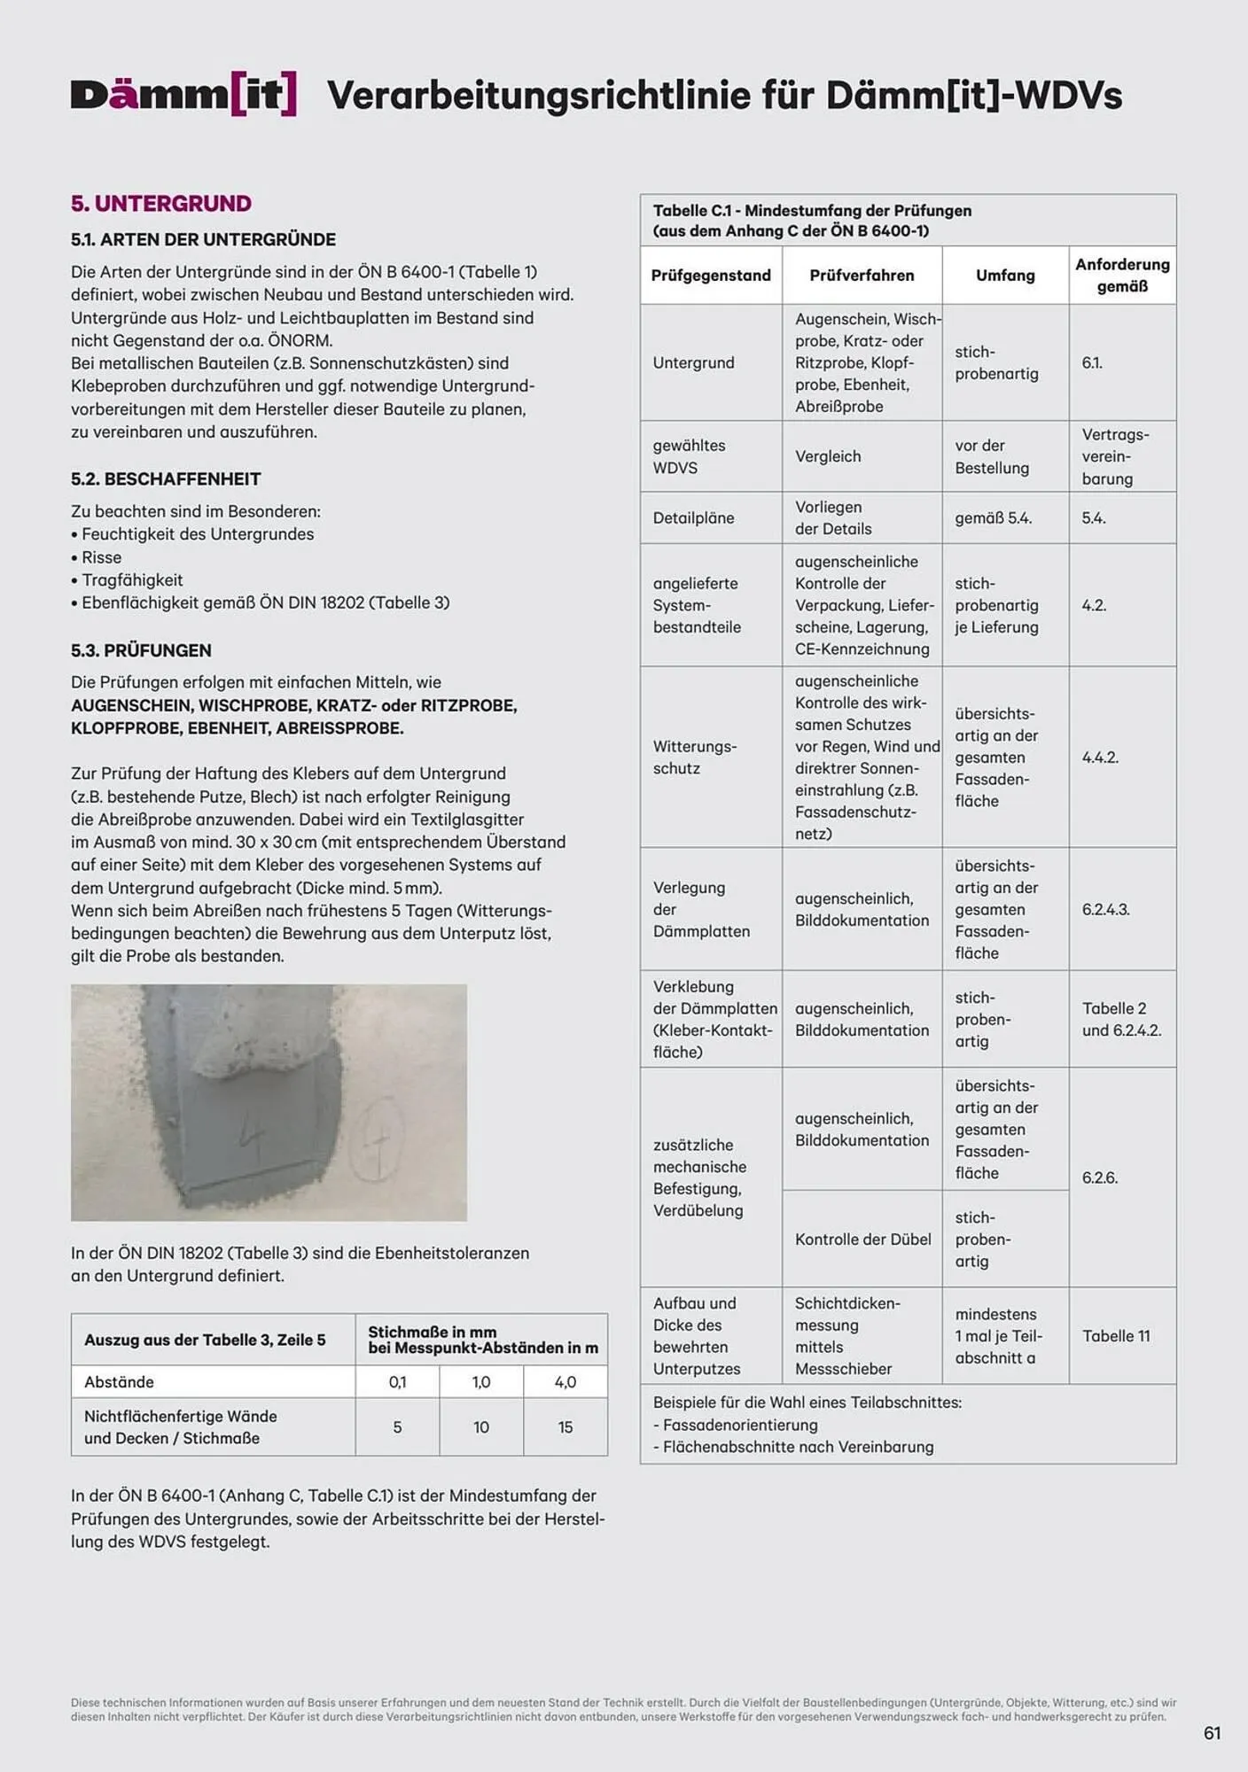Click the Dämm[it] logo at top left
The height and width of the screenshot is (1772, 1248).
(183, 95)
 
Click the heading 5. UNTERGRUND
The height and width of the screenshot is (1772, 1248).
(160, 204)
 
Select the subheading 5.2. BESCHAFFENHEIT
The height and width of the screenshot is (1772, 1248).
(166, 479)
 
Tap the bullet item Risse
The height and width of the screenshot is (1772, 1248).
(101, 557)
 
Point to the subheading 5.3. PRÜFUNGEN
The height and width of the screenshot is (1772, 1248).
(141, 650)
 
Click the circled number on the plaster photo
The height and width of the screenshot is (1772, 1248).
(376, 1139)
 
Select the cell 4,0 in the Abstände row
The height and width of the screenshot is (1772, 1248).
(565, 1382)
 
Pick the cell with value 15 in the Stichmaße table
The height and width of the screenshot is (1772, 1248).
(565, 1427)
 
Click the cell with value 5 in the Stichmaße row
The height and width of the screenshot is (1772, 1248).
(397, 1427)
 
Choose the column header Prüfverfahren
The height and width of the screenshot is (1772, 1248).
(862, 276)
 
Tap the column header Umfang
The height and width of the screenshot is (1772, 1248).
(1005, 276)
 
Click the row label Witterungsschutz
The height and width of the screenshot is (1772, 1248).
(694, 758)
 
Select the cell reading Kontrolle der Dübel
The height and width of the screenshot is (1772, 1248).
(862, 1240)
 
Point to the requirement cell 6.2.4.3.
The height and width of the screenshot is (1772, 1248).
(1105, 910)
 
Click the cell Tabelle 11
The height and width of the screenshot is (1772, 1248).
(1116, 1336)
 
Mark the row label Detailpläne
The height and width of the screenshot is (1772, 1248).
(693, 518)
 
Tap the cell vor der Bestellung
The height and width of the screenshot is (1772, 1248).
(992, 456)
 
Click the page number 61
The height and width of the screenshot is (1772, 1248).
(1213, 1733)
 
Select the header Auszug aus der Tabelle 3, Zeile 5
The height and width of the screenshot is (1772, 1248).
(205, 1340)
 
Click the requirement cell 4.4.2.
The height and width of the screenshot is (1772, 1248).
(1100, 758)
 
